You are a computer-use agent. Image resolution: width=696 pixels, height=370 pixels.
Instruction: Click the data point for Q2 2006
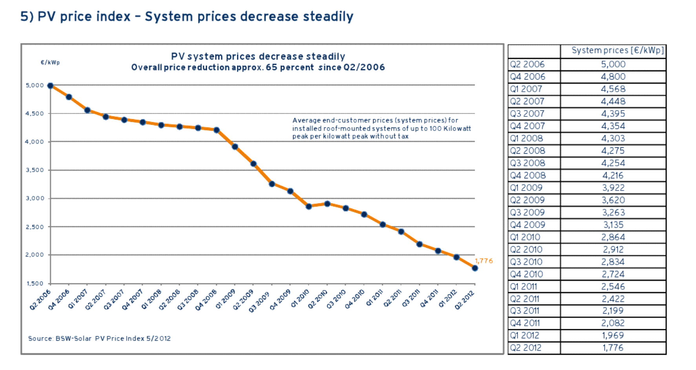[x=50, y=85]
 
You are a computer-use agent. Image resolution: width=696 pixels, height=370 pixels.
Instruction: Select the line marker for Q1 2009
[x=235, y=147]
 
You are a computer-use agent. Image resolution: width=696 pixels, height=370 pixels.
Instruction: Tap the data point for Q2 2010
[x=327, y=204]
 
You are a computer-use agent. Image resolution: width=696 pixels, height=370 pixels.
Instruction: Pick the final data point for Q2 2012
[x=475, y=268]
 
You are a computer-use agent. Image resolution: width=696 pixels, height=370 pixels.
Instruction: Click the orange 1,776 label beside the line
[x=483, y=261]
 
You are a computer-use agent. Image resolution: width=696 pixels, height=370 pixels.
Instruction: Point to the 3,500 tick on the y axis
[x=35, y=170]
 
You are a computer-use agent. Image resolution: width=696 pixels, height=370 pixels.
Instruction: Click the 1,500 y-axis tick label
[x=35, y=283]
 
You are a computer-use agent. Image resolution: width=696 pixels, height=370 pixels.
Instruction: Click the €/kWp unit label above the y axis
[x=50, y=63]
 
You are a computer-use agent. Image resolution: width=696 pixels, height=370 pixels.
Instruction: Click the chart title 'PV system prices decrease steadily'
[x=258, y=56]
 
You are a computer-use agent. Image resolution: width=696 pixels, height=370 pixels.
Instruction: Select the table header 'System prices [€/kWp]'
[x=617, y=51]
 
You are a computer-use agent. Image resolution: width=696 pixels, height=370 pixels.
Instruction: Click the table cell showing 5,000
[x=613, y=64]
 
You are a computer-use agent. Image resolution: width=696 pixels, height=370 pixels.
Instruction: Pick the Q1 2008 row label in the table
[x=526, y=138]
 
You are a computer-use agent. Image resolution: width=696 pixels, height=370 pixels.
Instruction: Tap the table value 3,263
[x=613, y=212]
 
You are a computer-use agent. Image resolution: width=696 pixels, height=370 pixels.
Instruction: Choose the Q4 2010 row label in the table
[x=526, y=274]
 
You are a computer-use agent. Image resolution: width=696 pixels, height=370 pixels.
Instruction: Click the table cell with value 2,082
[x=613, y=323]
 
